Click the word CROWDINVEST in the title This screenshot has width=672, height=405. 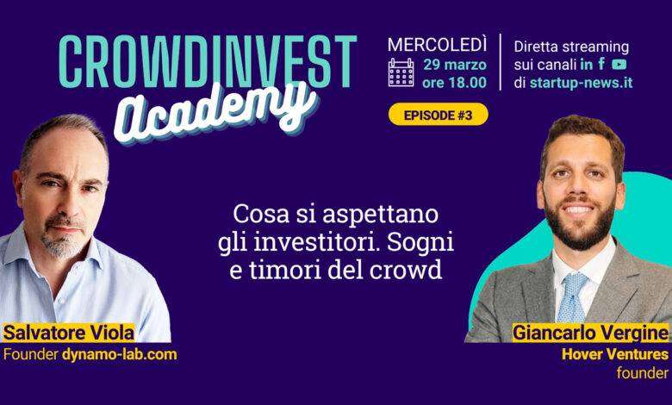pyautogui.click(x=208, y=61)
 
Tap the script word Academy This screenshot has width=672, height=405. pyautogui.click(x=215, y=111)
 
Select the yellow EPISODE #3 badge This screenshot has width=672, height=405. pyautogui.click(x=438, y=115)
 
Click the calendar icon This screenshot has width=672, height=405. pyautogui.click(x=401, y=73)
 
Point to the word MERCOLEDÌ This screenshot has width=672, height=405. pyautogui.click(x=437, y=45)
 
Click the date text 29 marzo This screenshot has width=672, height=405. pyautogui.click(x=455, y=65)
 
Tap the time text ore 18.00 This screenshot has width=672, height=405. pyautogui.click(x=454, y=82)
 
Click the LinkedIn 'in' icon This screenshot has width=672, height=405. pyautogui.click(x=587, y=65)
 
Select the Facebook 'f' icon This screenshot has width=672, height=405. pyautogui.click(x=601, y=64)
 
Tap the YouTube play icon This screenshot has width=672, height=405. pyautogui.click(x=619, y=65)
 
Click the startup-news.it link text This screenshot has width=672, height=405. pyautogui.click(x=581, y=82)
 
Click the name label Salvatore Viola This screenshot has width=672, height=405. pyautogui.click(x=69, y=333)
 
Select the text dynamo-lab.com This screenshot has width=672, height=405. pyautogui.click(x=119, y=354)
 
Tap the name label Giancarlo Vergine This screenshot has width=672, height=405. pyautogui.click(x=590, y=333)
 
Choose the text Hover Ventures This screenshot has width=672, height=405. pyautogui.click(x=615, y=354)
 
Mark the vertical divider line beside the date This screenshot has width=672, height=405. pyautogui.click(x=501, y=62)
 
